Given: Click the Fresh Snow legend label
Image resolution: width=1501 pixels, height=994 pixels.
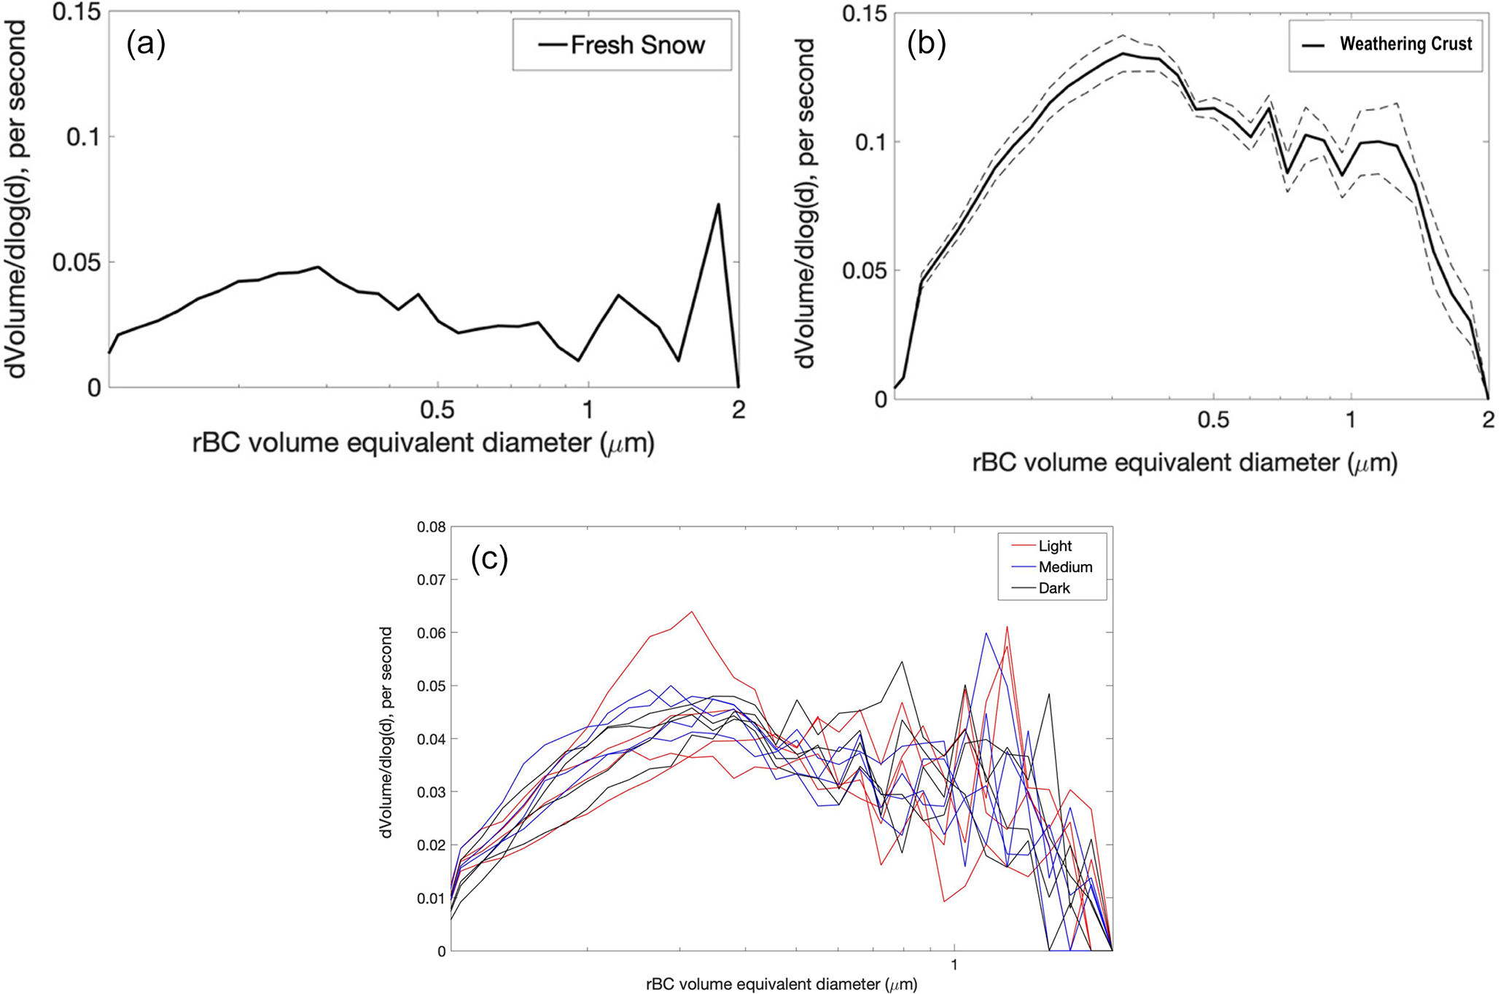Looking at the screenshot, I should point(637,45).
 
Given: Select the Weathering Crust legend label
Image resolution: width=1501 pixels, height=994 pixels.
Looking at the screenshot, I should point(1406,44).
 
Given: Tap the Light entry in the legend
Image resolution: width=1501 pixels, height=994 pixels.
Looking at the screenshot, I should point(1055,546).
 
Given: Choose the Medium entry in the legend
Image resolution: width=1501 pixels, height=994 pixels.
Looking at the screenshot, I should point(1065,567).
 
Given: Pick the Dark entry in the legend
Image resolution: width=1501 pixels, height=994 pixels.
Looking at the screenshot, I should point(1054,588).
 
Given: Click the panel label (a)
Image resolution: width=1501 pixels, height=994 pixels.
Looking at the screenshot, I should point(146,44).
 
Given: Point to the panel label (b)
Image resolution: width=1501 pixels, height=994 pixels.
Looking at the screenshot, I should point(926,44).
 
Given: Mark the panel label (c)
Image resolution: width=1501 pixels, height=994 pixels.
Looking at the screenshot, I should point(489,559).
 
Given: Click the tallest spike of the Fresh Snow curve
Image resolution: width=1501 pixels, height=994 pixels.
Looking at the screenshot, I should point(718,204).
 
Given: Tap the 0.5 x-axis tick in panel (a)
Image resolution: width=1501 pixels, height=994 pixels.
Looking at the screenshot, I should point(437,410).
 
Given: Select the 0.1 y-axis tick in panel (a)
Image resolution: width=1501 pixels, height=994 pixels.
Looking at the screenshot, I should point(82,137).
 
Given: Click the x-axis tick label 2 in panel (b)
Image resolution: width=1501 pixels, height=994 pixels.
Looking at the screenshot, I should point(1488,419).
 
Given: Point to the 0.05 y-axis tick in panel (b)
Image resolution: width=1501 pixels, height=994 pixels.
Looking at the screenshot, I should point(865,271).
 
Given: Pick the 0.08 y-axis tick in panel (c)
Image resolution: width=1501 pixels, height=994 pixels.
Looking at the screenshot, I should point(431,527).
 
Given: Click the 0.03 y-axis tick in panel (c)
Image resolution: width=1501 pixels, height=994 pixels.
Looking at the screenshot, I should point(431,792).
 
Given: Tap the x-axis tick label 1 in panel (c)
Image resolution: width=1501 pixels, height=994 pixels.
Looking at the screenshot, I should point(954,966).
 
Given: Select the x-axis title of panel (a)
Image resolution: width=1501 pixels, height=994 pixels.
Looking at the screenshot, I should point(423,443).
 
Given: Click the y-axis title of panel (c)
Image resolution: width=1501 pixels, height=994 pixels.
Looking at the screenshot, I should point(386,732).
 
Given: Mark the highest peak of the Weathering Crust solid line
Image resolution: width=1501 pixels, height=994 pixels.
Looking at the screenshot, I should point(1123,53).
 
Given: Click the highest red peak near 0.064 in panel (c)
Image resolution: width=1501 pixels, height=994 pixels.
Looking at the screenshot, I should point(692,611).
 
